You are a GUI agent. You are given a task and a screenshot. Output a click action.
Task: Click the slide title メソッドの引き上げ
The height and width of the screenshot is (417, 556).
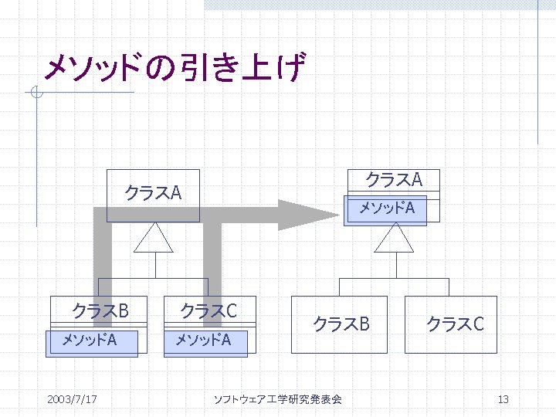(x=175, y=68)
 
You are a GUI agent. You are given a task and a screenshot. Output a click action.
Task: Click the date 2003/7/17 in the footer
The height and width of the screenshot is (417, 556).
(x=72, y=399)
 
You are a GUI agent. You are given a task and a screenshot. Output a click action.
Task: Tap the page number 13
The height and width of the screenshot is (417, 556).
(x=503, y=399)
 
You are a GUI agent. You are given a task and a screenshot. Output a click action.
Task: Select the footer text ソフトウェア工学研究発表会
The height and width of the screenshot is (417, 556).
(x=277, y=399)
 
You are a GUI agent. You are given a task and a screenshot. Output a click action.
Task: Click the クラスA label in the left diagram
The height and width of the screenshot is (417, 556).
(x=153, y=192)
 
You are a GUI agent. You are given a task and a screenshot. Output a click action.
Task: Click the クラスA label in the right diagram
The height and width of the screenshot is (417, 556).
(x=393, y=179)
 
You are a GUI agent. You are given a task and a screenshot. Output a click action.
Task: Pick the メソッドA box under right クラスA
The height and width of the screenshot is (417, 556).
(x=385, y=208)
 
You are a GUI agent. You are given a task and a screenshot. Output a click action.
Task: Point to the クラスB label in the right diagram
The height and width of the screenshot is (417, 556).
(x=341, y=324)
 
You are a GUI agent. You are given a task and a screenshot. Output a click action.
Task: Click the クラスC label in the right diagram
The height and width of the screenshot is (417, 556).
(x=455, y=324)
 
